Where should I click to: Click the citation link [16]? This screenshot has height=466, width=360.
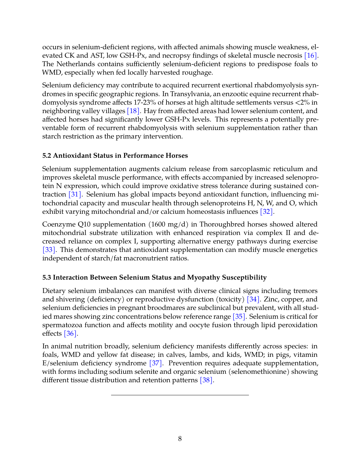click(310, 56)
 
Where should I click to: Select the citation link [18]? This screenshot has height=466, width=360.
click(133, 111)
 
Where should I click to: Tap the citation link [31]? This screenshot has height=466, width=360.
click(75, 195)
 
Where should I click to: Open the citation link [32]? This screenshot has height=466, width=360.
click(266, 212)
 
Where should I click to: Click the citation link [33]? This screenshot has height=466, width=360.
click(49, 250)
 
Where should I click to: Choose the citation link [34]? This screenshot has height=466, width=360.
click(253, 299)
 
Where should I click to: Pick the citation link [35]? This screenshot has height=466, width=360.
click(239, 317)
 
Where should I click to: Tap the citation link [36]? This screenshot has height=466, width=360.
click(70, 334)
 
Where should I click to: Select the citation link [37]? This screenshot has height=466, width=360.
click(155, 363)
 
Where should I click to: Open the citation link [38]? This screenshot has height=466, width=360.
click(206, 380)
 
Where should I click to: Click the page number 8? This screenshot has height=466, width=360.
click(180, 439)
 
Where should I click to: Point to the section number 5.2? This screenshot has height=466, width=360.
click(47, 156)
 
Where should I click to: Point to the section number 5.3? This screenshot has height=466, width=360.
click(47, 278)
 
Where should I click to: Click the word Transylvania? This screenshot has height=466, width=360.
click(190, 94)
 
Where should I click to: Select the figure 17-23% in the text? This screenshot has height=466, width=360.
click(145, 103)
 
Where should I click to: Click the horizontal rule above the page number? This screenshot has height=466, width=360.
click(180, 395)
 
